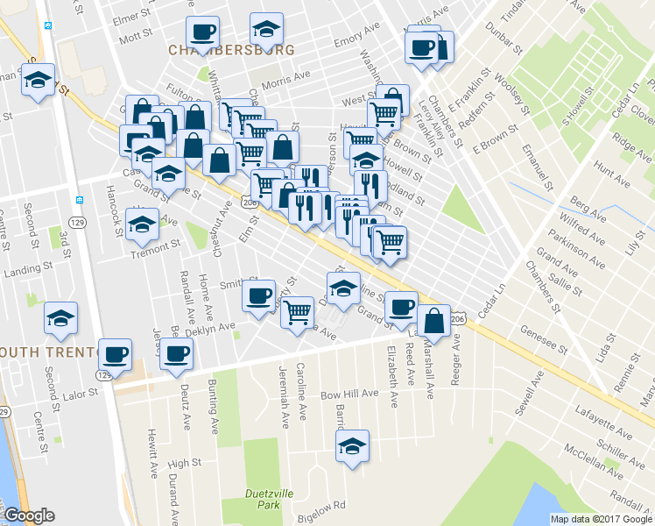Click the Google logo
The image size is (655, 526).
29,515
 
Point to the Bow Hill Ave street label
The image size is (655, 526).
346,395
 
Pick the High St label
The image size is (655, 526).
184,462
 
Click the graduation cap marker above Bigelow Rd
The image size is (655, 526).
353,444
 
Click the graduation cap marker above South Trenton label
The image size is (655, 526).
60,317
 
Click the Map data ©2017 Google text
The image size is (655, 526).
602,519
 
